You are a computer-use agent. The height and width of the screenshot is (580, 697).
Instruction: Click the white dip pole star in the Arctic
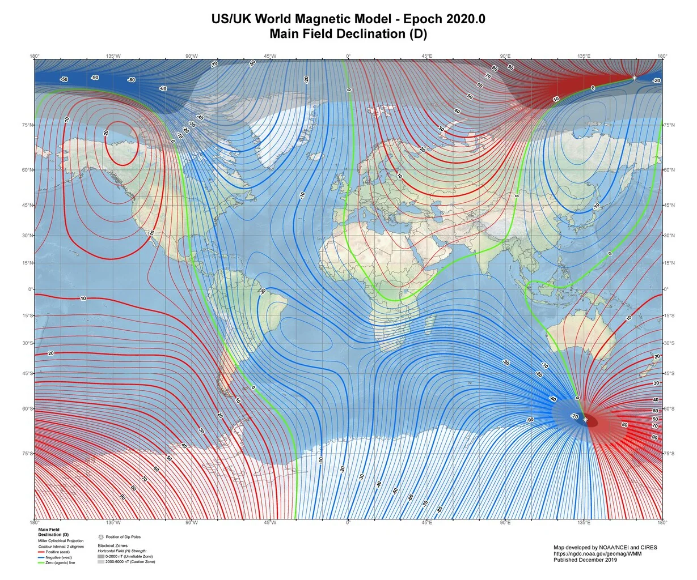tap(634, 78)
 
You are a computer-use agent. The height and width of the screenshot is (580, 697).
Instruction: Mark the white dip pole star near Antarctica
tap(585, 420)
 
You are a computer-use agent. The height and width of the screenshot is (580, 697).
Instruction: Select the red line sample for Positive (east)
tap(41, 552)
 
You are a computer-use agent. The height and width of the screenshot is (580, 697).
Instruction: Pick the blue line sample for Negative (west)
tap(41, 557)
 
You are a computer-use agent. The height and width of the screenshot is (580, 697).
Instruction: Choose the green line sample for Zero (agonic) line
tap(41, 562)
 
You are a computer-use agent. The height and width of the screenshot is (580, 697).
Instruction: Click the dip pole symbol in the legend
tap(101, 536)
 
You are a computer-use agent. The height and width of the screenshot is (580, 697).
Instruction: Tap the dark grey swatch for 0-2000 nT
tap(101, 557)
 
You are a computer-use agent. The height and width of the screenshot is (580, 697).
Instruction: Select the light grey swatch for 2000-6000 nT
tap(101, 562)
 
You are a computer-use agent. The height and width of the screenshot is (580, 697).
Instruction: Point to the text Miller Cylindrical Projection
tap(61, 541)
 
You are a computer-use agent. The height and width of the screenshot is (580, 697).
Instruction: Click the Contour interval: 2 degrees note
tap(61, 547)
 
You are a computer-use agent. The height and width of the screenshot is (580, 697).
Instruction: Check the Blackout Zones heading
tap(117, 545)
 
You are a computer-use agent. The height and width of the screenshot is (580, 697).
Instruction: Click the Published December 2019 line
tap(585, 560)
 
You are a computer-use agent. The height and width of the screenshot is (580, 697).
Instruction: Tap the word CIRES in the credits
tap(647, 547)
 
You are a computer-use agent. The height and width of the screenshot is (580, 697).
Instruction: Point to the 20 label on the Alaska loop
tap(106, 133)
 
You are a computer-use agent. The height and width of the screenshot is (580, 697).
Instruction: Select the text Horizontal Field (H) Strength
tap(122, 551)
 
